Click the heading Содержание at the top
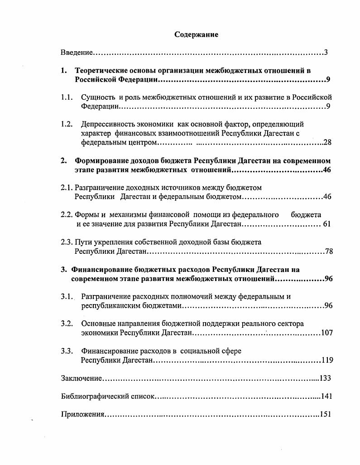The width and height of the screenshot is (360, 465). click(x=196, y=35)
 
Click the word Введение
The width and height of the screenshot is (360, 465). click(x=77, y=53)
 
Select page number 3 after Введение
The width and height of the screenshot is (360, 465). click(x=326, y=53)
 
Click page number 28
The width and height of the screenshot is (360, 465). click(x=327, y=142)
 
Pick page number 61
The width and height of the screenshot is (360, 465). click(x=327, y=224)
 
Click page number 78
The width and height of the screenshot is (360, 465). click(x=329, y=251)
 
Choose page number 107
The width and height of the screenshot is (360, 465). click(x=326, y=333)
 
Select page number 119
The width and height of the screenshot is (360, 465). click(x=327, y=360)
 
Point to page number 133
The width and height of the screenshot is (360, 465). click(x=326, y=378)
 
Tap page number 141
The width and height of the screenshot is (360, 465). click(x=326, y=397)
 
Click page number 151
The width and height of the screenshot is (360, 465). click(x=326, y=415)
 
